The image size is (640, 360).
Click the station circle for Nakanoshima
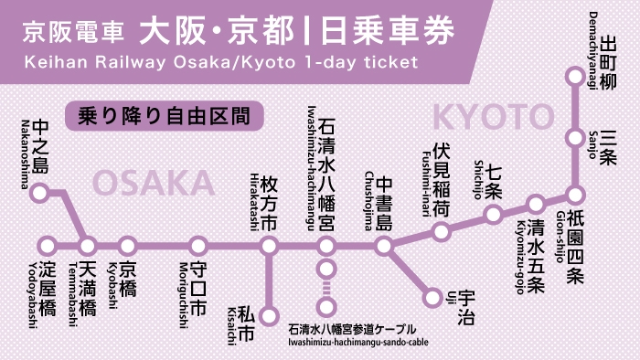(39, 193)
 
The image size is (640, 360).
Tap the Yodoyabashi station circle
(48, 246)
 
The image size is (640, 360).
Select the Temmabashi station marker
(88, 246)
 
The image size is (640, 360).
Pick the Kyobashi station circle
(128, 246)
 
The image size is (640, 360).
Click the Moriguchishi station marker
(198, 246)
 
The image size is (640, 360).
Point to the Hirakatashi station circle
(269, 246)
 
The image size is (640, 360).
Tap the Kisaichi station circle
(269, 316)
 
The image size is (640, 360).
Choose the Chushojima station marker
(384, 246)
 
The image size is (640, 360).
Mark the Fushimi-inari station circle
(442, 231)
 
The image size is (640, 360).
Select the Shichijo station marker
(494, 216)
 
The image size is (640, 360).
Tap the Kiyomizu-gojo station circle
(536, 204)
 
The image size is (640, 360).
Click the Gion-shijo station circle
(575, 195)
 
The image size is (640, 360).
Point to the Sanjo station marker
(575, 138)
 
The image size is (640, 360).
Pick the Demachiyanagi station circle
(575, 77)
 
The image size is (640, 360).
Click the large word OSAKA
(154, 184)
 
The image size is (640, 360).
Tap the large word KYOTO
(494, 117)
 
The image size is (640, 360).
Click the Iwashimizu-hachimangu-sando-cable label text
(352, 342)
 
